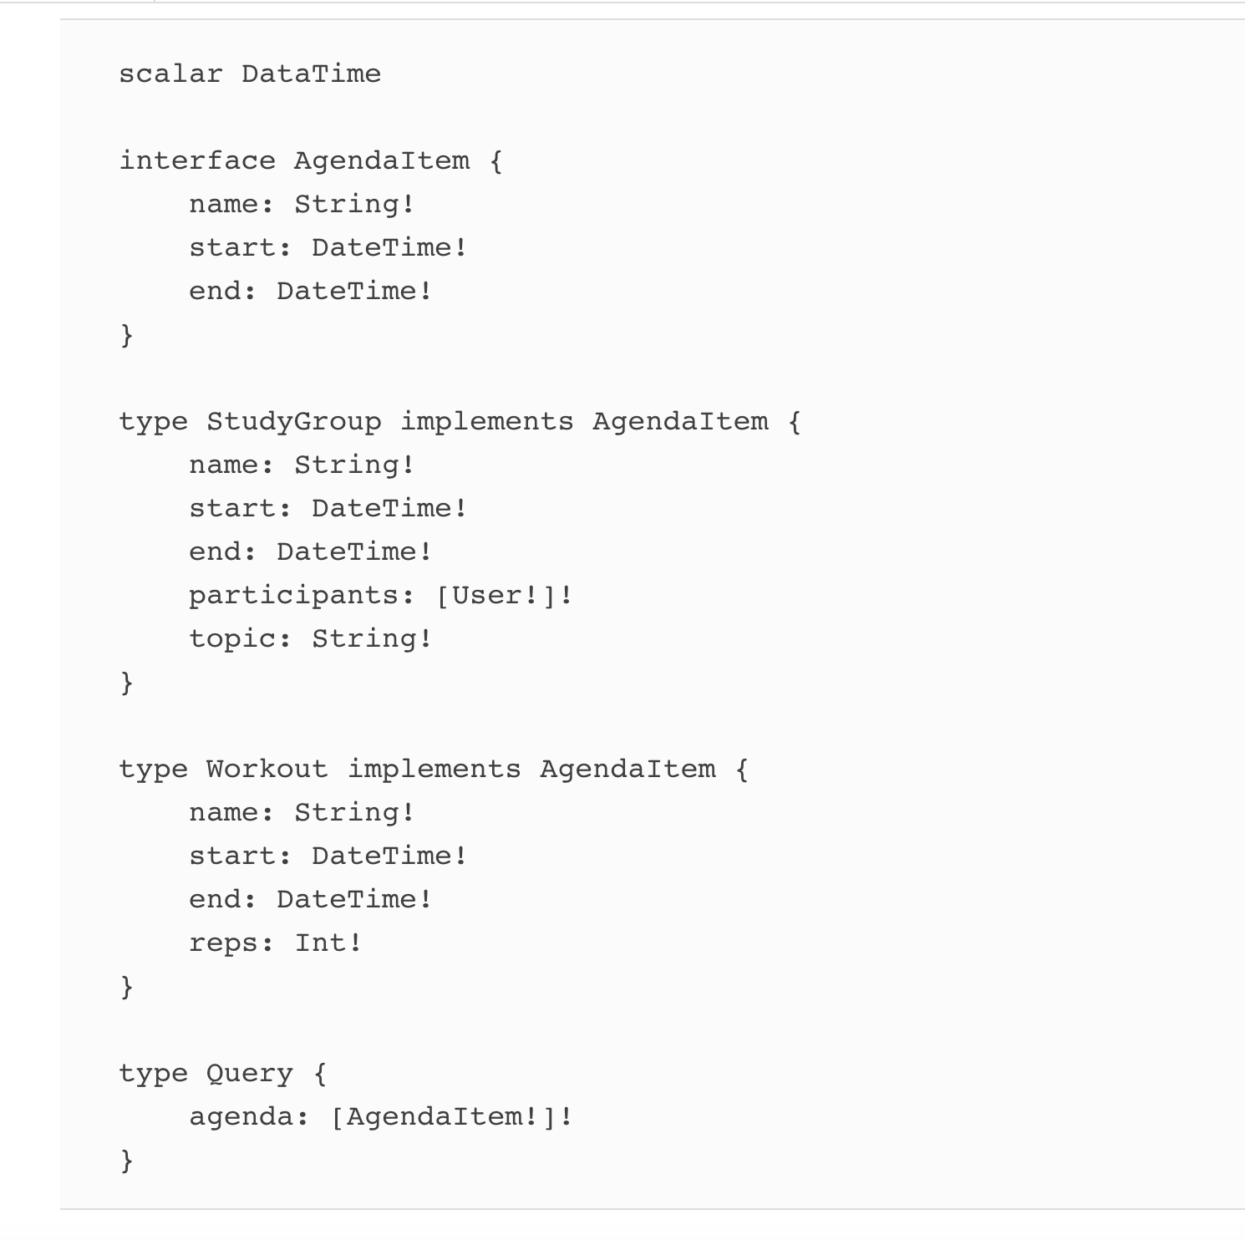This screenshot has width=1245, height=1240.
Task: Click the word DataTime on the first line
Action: (311, 74)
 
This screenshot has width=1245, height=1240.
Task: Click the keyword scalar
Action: (170, 74)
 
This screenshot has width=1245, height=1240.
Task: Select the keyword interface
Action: (197, 160)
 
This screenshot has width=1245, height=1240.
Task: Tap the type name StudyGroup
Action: (293, 422)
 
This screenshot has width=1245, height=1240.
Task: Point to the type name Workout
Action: (267, 769)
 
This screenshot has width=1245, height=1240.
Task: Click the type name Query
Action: (249, 1074)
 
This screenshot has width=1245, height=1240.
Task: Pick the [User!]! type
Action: (505, 596)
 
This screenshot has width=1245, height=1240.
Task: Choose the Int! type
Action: (328, 943)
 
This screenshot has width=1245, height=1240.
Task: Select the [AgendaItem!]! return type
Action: (452, 1117)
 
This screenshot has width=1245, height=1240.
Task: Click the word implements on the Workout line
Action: (434, 770)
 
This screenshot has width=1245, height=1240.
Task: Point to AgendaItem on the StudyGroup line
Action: (680, 422)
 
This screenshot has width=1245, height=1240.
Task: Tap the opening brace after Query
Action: (320, 1074)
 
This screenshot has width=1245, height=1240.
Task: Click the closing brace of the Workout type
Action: (127, 987)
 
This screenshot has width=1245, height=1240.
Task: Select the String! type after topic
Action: (372, 638)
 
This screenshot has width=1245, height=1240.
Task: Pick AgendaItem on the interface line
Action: (381, 160)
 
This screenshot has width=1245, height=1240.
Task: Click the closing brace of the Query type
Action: (127, 1161)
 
